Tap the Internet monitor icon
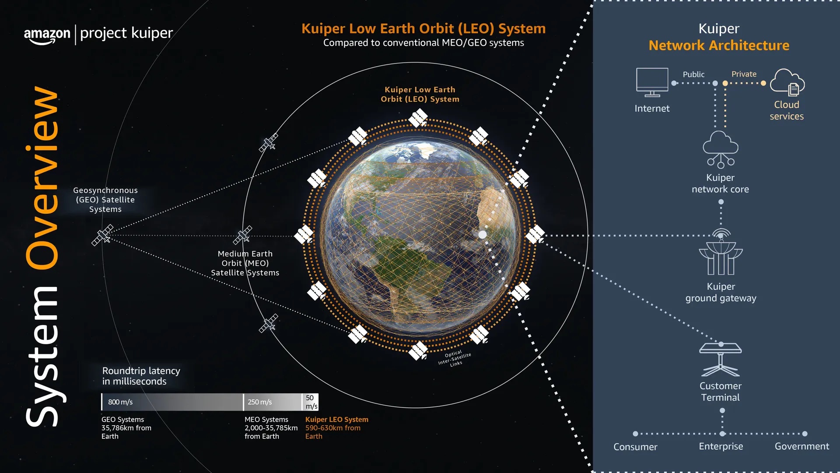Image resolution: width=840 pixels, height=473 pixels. [x=652, y=82]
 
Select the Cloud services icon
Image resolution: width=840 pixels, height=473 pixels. [x=787, y=82]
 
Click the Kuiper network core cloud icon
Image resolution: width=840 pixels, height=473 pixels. [x=720, y=149]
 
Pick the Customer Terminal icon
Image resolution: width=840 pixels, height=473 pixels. [x=720, y=359]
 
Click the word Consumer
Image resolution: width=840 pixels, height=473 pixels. [x=635, y=447]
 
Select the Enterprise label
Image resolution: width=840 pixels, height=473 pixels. [x=721, y=446]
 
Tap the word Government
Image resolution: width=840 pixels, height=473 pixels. [x=801, y=446]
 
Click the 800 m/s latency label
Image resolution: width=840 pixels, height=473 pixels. [x=120, y=402]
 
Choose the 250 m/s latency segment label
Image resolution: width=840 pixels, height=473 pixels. [x=259, y=402]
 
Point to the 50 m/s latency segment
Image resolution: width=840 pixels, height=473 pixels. [x=311, y=402]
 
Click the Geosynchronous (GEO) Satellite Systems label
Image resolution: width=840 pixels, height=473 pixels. [x=105, y=200]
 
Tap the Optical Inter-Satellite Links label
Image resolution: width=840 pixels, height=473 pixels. [x=455, y=358]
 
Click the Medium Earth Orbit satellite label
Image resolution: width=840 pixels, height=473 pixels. [x=245, y=263]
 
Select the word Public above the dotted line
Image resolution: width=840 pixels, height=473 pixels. [x=693, y=74]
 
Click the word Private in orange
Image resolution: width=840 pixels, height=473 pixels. [x=744, y=74]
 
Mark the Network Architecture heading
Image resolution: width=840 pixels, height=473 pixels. [x=719, y=46]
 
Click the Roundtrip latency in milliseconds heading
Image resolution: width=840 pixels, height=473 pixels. [x=141, y=376]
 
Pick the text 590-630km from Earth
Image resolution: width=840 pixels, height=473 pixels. [x=332, y=432]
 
